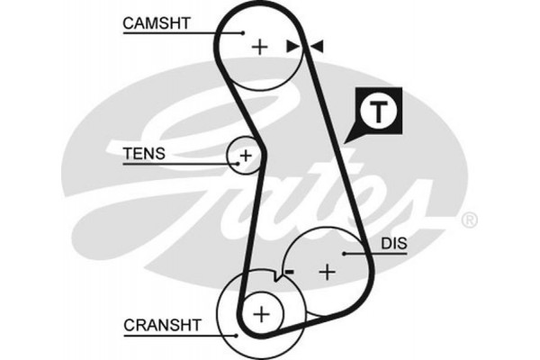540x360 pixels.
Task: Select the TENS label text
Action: (x=144, y=154)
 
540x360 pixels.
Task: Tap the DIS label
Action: (x=393, y=243)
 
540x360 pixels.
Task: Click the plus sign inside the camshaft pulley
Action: (x=260, y=46)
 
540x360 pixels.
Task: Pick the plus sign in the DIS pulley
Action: (x=328, y=269)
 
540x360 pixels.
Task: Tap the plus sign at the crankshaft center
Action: (x=260, y=313)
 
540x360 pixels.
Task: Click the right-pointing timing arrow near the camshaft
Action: (x=291, y=46)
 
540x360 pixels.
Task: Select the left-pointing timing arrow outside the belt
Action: (x=318, y=46)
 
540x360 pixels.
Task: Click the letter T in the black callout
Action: (x=379, y=112)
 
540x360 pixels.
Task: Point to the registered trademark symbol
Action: (x=469, y=220)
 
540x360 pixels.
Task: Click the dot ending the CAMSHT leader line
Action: (x=243, y=32)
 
